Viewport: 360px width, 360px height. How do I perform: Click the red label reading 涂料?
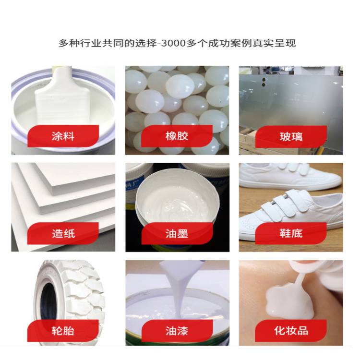tap(63, 136)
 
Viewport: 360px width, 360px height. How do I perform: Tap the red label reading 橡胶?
tap(177, 136)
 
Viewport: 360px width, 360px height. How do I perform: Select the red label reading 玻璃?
tap(291, 137)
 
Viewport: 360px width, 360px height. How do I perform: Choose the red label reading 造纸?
tap(63, 233)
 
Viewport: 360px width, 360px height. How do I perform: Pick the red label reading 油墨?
tap(177, 233)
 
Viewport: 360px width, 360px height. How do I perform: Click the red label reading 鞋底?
tap(291, 233)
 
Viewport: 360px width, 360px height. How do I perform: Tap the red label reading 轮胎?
tap(63, 331)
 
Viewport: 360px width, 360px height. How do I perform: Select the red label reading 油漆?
tap(177, 331)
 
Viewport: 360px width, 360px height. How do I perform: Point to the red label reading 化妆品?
tap(291, 331)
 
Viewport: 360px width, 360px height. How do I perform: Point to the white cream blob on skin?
tap(290, 301)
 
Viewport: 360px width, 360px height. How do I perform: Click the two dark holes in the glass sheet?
tap(264, 82)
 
